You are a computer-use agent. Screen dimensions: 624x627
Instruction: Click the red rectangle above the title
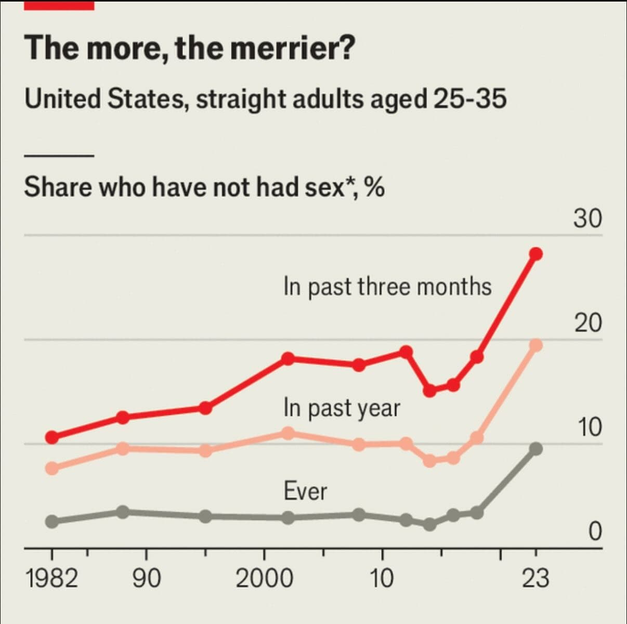59,5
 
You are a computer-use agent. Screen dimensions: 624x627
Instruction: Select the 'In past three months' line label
387,287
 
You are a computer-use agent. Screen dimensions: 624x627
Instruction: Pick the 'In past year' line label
342,408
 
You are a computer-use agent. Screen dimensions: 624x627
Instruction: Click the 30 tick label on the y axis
588,219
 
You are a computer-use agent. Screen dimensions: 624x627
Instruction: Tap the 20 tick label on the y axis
588,323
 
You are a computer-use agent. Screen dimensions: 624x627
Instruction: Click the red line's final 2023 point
536,254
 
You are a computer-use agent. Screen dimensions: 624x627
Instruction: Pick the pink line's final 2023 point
536,345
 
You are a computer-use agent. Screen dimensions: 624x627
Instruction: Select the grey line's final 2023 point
536,449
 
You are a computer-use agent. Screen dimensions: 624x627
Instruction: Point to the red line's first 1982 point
52,437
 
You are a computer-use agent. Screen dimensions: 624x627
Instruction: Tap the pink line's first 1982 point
52,468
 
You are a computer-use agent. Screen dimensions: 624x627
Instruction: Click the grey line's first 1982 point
52,522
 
